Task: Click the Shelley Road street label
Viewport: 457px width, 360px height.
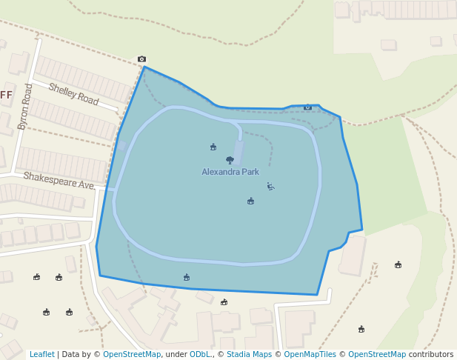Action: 73,93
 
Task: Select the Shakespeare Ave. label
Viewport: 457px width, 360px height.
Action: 59,180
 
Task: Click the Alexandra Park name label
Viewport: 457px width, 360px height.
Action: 230,172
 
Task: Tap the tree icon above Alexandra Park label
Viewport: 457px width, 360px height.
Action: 230,160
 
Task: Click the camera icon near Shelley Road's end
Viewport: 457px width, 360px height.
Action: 141,59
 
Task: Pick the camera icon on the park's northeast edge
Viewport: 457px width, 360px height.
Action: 307,107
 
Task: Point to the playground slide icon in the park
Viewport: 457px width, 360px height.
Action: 270,187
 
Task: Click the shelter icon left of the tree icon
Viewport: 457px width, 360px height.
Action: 213,147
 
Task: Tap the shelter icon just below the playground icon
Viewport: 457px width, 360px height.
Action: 250,201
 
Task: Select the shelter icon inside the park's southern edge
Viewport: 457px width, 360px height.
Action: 187,278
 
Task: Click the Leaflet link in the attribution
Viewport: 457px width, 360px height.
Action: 42,354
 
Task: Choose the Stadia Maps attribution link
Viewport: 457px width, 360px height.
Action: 249,354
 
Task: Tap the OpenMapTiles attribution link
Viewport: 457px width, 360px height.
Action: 310,354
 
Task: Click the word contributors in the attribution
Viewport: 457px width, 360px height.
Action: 431,354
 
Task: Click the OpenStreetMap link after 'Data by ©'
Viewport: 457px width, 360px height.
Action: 132,354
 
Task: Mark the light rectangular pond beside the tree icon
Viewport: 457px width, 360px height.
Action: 238,153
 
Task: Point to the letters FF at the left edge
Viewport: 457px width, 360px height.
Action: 7,95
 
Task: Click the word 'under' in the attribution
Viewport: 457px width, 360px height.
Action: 176,354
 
